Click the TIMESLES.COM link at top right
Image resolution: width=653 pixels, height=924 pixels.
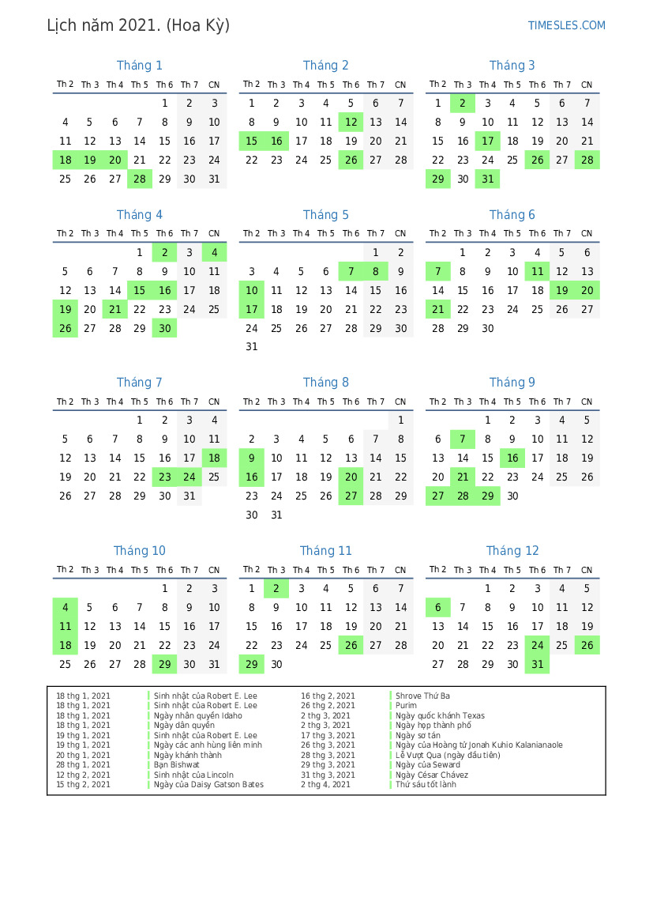[566, 25]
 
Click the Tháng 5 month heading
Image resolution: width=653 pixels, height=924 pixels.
[325, 215]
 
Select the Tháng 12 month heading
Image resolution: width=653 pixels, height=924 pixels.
[512, 551]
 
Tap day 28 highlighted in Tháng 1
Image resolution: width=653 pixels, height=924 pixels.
[140, 179]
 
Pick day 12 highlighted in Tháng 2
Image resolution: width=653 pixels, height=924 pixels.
[351, 122]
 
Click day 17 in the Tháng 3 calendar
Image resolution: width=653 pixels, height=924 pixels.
[487, 141]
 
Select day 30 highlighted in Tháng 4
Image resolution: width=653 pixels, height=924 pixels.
[164, 328]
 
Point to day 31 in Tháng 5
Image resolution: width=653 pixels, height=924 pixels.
[251, 346]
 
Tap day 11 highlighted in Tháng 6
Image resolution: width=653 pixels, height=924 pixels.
[537, 271]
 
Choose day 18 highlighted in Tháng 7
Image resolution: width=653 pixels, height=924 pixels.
[214, 458]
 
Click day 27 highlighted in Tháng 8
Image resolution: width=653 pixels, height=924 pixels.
[351, 496]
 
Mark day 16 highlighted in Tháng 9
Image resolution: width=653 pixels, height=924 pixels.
[512, 458]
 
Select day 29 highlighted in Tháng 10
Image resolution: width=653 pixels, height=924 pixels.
[164, 664]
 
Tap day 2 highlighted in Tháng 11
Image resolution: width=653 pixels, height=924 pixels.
[276, 588]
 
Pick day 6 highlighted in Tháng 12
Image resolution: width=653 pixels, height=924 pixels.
[437, 607]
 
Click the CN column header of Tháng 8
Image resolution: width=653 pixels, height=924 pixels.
[400, 402]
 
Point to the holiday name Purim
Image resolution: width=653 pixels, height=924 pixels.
[406, 706]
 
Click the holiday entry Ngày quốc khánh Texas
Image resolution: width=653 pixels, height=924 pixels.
[440, 715]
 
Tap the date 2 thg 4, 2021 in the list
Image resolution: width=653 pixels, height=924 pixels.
[325, 785]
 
